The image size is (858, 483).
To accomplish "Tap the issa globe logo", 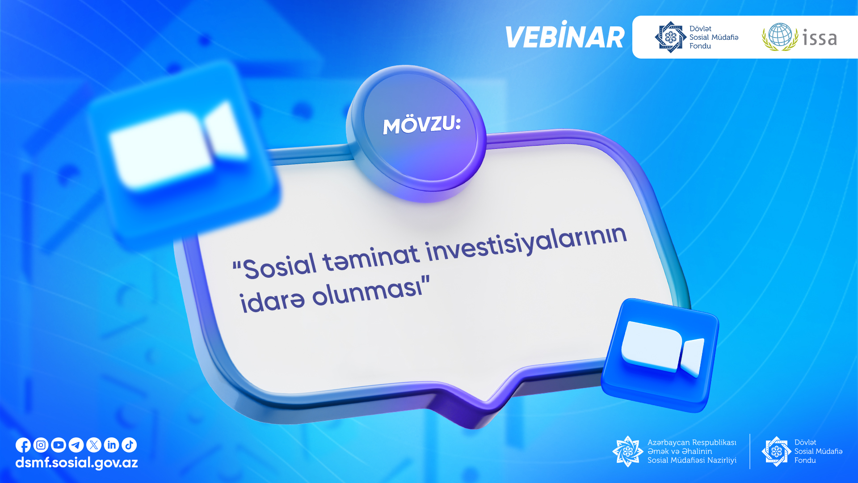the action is (x=780, y=37).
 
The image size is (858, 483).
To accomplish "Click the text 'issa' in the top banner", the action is (x=820, y=38).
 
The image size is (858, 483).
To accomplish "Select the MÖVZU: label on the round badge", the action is (x=422, y=125).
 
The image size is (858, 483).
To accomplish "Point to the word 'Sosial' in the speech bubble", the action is (x=281, y=267).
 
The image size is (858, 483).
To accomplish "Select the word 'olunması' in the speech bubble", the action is (x=367, y=292).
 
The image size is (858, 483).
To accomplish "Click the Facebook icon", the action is (x=23, y=445).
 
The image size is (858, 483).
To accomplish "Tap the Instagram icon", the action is (x=41, y=445).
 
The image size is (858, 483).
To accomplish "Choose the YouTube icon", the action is (x=59, y=445).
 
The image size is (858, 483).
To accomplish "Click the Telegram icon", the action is (x=76, y=445).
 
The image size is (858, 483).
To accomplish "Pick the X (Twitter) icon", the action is (x=94, y=445).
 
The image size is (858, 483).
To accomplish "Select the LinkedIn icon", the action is (x=112, y=445).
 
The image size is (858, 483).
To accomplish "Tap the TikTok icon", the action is (x=129, y=445).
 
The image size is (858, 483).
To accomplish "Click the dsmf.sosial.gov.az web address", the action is (x=76, y=463).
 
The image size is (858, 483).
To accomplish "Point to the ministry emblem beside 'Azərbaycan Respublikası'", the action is (x=627, y=451).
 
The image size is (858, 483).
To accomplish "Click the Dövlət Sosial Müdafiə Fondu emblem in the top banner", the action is (x=670, y=37).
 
